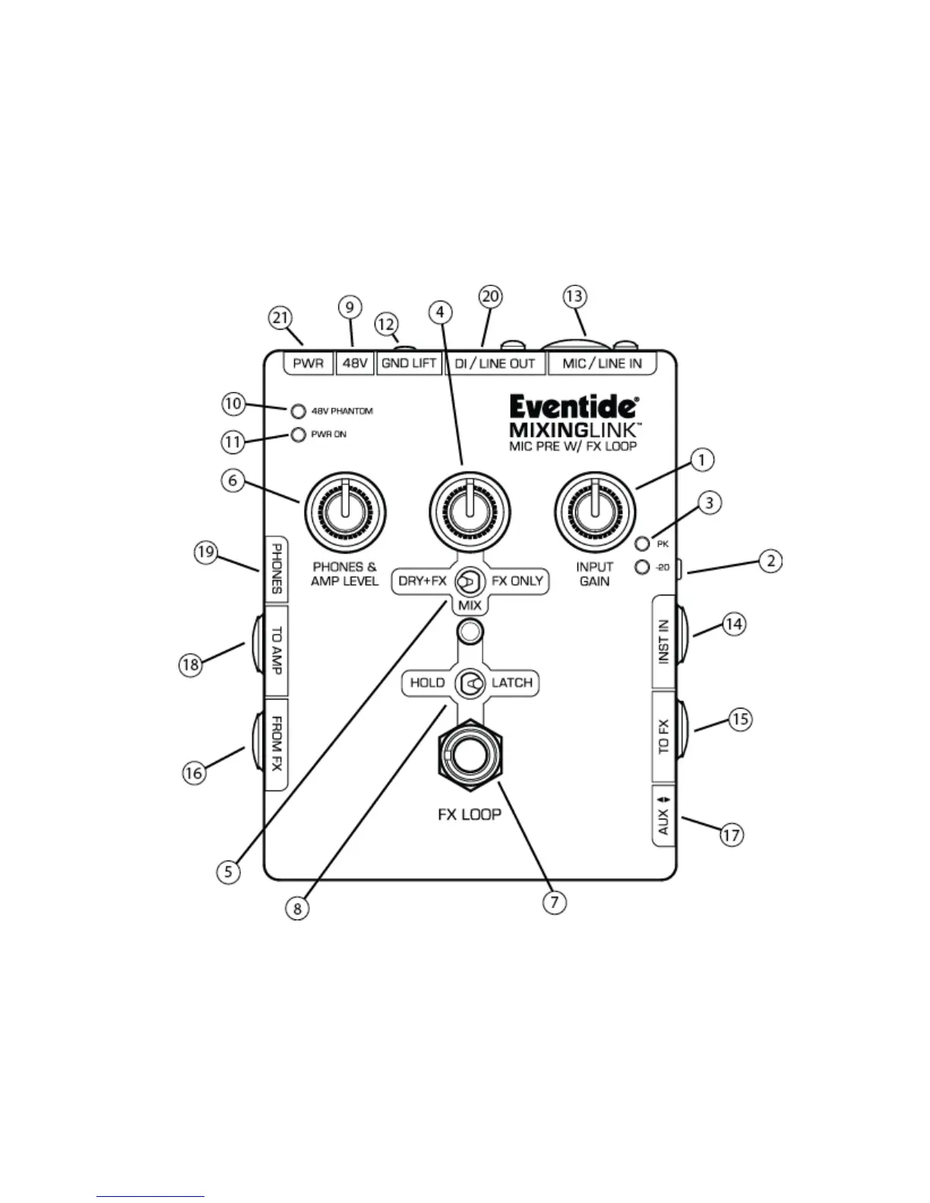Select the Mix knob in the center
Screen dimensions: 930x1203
(x=470, y=514)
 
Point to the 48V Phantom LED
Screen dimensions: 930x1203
(x=298, y=412)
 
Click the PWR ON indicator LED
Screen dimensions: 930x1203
(x=298, y=435)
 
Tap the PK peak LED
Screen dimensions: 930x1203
(x=642, y=544)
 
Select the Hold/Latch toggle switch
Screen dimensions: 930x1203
(x=470, y=684)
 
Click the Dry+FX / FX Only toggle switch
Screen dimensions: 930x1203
(x=470, y=582)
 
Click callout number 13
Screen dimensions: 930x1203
(x=575, y=296)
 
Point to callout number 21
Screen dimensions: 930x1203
(x=281, y=317)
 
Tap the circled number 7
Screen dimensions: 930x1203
(x=554, y=901)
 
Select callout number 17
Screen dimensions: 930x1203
(x=730, y=835)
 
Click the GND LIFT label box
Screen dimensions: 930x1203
(x=409, y=363)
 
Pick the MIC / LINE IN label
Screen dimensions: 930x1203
(x=602, y=363)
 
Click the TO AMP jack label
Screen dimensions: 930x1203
(x=277, y=650)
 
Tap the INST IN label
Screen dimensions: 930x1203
(x=664, y=642)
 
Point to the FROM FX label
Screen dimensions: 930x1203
(x=277, y=744)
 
